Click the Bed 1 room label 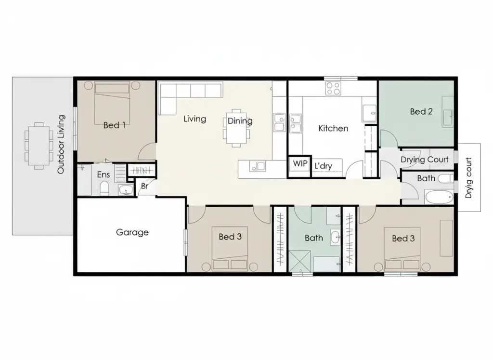click(115, 125)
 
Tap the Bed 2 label click(421, 111)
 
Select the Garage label click(132, 232)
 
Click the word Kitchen click(333, 128)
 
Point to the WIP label click(300, 164)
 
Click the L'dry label click(323, 166)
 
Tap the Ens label click(104, 174)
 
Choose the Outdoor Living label click(61, 145)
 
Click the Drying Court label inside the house click(425, 160)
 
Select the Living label click(195, 119)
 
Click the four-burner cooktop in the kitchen click(333, 88)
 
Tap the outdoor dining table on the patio click(39, 146)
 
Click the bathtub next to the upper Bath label click(439, 198)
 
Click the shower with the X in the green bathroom click(299, 261)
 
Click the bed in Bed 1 click(112, 103)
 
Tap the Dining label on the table click(240, 121)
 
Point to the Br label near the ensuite click(144, 187)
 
